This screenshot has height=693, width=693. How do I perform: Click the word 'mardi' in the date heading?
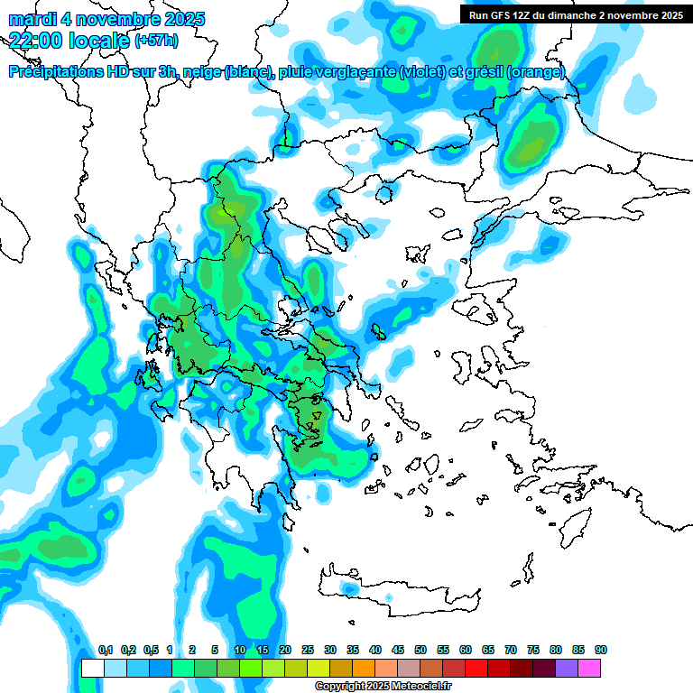tap(32, 19)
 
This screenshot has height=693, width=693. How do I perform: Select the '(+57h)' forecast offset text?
tap(156, 41)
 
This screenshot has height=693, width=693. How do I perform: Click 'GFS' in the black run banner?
tap(500, 15)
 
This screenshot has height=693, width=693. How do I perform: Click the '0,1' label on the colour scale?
tap(105, 651)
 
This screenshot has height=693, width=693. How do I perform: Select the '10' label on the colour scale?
tap(240, 651)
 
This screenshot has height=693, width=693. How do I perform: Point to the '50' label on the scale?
tap(420, 651)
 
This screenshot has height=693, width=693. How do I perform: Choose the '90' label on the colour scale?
tap(601, 651)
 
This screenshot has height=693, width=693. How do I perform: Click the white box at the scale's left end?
tap(92, 668)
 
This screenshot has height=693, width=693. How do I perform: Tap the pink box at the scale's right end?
tap(590, 668)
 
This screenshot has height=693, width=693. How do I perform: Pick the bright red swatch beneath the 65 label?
tap(477, 668)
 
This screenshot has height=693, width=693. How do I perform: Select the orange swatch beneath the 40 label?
tap(365, 668)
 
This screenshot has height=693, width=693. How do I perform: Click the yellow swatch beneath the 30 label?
tap(319, 668)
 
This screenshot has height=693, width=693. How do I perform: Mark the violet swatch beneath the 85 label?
tap(568, 668)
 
